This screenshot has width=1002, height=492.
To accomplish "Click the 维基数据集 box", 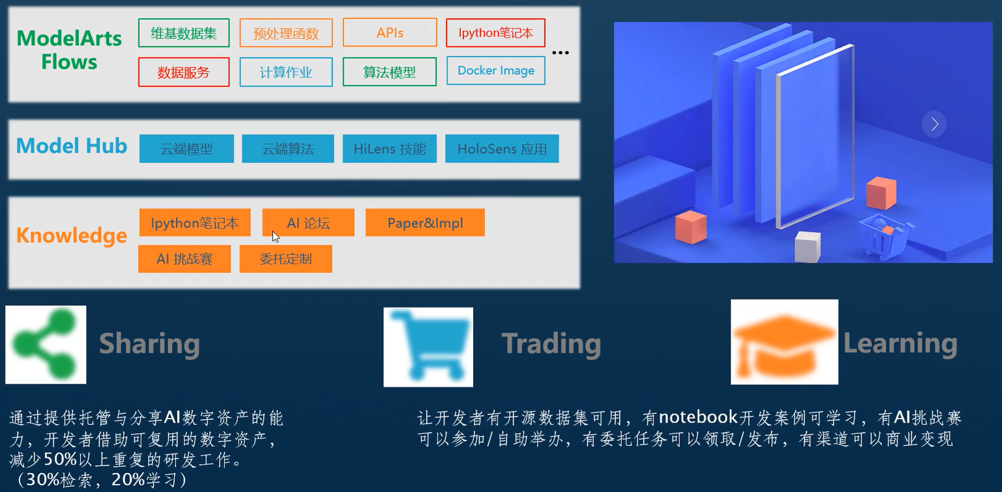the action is tap(184, 33).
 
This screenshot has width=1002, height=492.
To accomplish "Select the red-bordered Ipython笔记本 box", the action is tap(495, 33).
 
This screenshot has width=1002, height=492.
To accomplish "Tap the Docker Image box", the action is tap(495, 71).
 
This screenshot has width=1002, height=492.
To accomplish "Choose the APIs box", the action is tap(390, 33).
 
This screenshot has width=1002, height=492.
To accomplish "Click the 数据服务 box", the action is tap(184, 72).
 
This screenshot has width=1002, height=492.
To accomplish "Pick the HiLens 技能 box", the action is tap(390, 149).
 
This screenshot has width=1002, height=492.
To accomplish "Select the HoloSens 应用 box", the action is tap(502, 149).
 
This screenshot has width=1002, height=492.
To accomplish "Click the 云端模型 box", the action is tap(186, 149).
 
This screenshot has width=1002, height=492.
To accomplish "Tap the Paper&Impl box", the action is tap(425, 223).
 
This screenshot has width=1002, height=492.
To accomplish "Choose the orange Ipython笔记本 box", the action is tap(194, 223).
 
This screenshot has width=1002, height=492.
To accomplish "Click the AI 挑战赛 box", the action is tap(185, 259).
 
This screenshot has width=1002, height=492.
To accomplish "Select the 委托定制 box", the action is tap(285, 259).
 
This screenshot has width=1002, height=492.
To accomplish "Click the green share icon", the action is tap(46, 345).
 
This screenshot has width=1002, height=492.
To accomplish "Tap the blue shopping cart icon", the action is tap(428, 347).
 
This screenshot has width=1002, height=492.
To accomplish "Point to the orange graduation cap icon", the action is tap(784, 342).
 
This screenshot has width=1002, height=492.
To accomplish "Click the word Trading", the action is tap(551, 344).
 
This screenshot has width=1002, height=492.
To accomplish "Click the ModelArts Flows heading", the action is tap(69, 50).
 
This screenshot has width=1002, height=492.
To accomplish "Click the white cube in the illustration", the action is tap(808, 246).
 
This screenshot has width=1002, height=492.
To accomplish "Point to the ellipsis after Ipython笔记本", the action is tap(560, 53).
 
